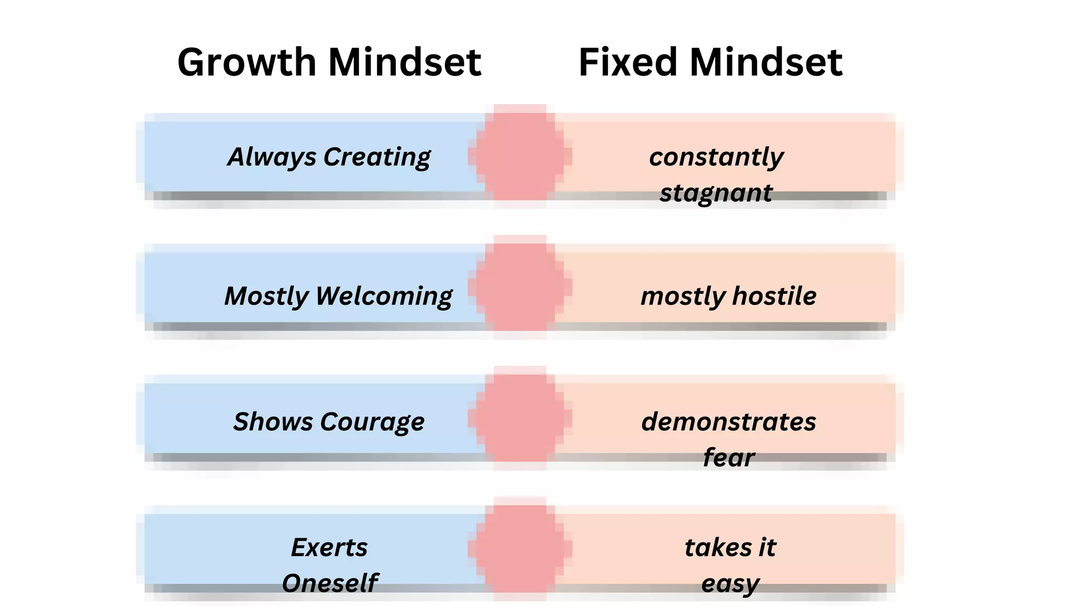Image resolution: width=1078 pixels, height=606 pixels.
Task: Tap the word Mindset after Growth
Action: click(405, 62)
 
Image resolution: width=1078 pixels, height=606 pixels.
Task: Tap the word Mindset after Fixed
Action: click(766, 62)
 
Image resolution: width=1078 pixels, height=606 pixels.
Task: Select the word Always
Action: click(272, 157)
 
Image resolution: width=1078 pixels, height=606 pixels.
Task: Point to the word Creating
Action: click(377, 157)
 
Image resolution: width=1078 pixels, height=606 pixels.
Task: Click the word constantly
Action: click(716, 157)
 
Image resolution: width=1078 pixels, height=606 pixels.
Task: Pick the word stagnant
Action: click(716, 193)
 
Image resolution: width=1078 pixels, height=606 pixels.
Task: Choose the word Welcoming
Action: click(384, 296)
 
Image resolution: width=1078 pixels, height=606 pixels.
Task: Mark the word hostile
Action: click(774, 296)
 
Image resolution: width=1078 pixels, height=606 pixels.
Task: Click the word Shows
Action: click(273, 422)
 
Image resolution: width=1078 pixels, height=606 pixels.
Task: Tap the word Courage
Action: click(372, 422)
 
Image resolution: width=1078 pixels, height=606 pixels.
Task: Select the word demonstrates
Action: click(728, 422)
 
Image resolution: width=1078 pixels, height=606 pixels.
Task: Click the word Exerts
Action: click(329, 548)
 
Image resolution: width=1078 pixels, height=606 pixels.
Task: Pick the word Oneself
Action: click(330, 583)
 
